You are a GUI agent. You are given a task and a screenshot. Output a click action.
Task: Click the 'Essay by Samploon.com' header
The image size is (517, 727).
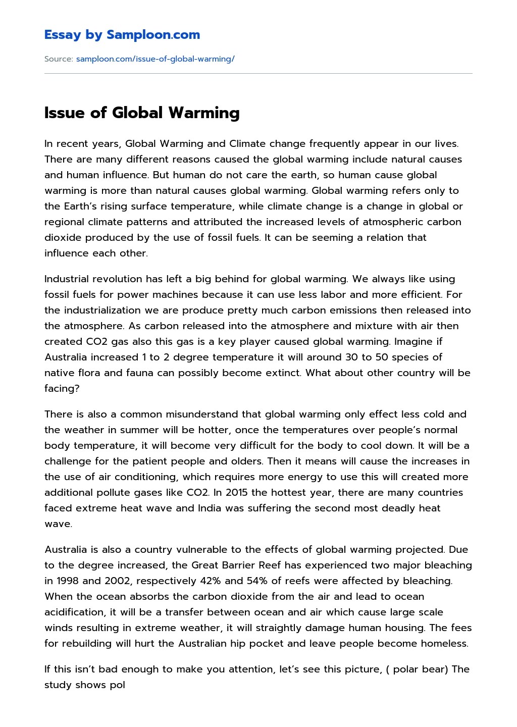122,35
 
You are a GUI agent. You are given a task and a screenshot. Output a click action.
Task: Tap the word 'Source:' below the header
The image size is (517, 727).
59,59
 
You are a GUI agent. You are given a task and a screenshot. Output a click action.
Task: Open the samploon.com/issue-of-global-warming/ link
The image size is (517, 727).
155,59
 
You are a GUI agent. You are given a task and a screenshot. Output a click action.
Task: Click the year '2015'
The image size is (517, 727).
238,493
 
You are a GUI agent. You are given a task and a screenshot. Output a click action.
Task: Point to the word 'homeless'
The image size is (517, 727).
447,644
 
